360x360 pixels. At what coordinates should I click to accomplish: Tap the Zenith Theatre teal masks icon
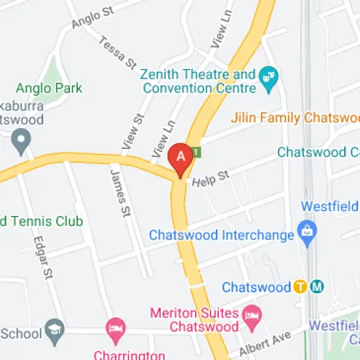pos(269,75)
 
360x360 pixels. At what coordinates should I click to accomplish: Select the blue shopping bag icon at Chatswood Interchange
pos(306,235)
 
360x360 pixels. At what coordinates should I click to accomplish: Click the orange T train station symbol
pos(301,287)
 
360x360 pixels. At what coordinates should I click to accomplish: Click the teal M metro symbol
pos(318,287)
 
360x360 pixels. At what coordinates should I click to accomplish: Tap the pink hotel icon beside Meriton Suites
pos(251,314)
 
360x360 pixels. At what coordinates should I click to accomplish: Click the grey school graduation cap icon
pos(55,330)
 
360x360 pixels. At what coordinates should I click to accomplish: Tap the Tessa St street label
pos(117,53)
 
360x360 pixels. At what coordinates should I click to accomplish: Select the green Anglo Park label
pos(50,89)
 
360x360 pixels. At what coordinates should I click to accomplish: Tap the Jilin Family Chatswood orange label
pos(294,117)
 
